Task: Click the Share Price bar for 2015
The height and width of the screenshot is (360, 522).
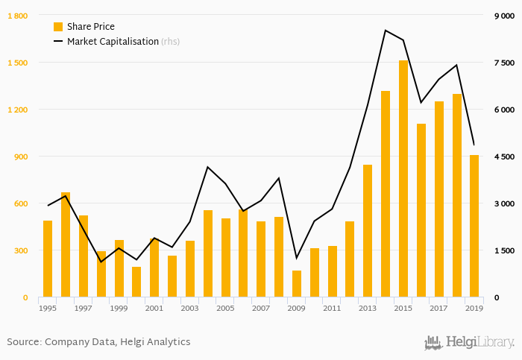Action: [403, 179]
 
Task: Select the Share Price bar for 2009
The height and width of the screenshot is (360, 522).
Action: [297, 284]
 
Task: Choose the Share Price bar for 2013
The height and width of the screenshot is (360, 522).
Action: [368, 231]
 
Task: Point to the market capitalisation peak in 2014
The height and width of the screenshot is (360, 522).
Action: [386, 31]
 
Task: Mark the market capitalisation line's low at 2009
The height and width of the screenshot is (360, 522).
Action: [297, 258]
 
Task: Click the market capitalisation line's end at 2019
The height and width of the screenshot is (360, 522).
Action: [474, 145]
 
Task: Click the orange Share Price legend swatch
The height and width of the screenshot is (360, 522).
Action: [58, 27]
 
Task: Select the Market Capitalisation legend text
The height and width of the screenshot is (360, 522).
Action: [113, 42]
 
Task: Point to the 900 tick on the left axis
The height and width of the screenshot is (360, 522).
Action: [19, 157]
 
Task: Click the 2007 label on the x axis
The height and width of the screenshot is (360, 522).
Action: [261, 308]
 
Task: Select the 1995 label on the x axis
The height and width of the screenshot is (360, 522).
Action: [48, 308]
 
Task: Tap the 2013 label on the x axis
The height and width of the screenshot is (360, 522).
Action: [368, 308]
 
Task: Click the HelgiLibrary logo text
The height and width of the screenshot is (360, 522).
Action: [479, 343]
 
